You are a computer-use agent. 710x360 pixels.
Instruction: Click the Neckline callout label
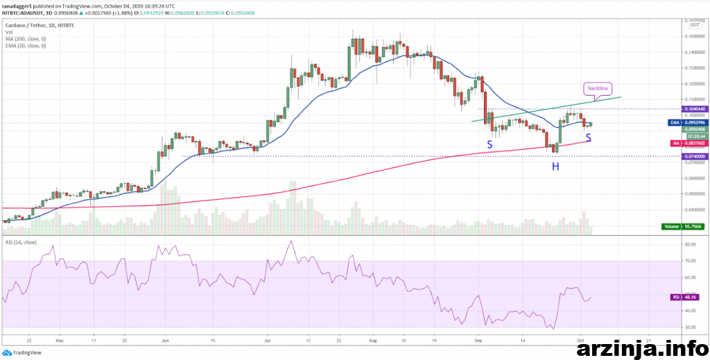pyautogui.click(x=597, y=89)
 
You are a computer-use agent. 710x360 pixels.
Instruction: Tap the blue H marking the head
pyautogui.click(x=555, y=166)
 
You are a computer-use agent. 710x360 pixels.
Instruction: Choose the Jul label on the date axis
pyautogui.click(x=267, y=341)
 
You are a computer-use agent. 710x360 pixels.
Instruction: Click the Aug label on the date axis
pyautogui.click(x=372, y=341)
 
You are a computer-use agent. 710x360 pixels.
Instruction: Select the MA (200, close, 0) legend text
pyautogui.click(x=26, y=39)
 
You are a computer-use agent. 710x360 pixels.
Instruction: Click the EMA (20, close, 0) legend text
pyautogui.click(x=26, y=46)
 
